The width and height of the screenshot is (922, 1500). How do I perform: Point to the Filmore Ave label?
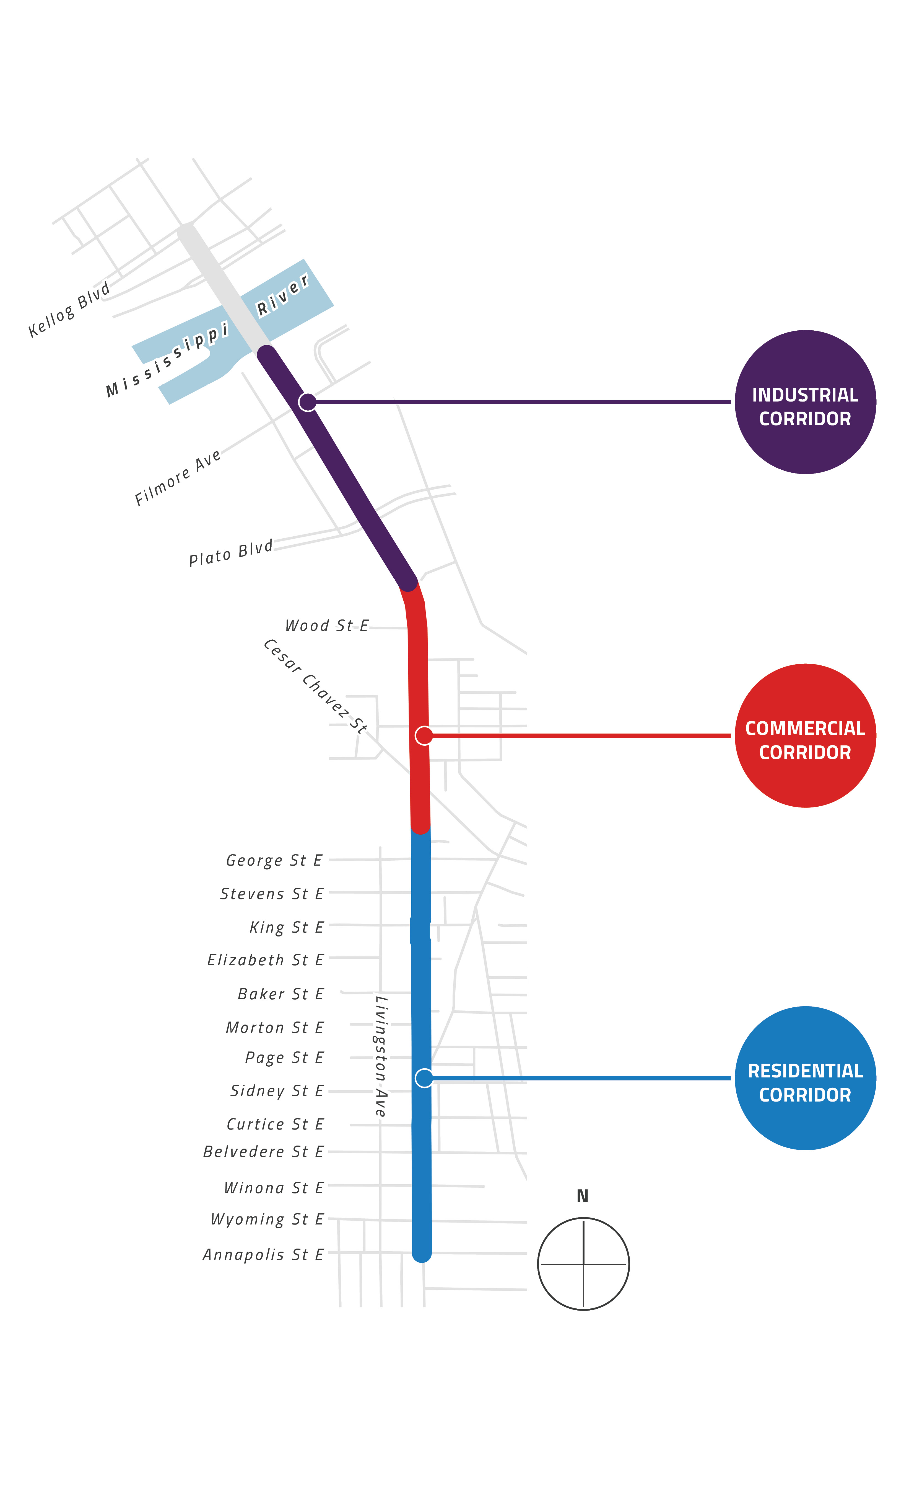(177, 478)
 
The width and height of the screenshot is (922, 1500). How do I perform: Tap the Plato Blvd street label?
(230, 554)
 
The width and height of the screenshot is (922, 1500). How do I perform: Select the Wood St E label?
(327, 626)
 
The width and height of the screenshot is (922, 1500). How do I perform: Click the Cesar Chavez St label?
(315, 686)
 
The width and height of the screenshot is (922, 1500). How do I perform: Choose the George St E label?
(274, 860)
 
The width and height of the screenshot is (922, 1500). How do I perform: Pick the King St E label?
(286, 928)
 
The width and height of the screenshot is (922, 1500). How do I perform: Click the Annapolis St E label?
(263, 1255)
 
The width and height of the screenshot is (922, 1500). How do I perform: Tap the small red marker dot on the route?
(424, 735)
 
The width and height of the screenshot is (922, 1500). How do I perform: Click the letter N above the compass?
(582, 1196)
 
